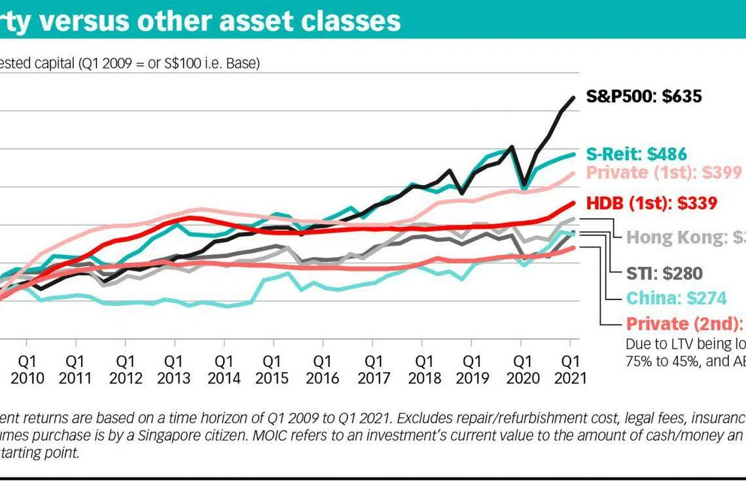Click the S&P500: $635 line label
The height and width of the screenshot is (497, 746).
tap(644, 97)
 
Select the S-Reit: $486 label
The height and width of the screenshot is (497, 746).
tap(636, 154)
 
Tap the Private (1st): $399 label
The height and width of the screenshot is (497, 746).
tap(664, 173)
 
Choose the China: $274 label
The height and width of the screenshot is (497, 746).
tap(676, 298)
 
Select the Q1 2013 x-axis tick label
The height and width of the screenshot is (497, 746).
tap(174, 369)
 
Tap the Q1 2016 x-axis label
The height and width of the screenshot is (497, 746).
tap(322, 369)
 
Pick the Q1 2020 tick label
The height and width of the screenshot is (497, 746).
tap(522, 369)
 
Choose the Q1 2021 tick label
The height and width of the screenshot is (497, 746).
tap(571, 369)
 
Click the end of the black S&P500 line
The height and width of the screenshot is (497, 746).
tap(574, 98)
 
